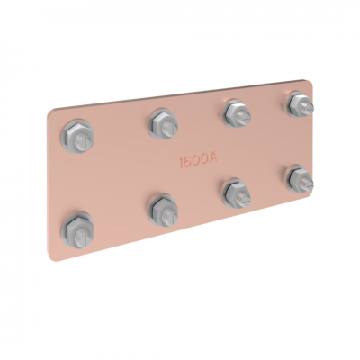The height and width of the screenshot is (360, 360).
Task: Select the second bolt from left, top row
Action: click(x=164, y=124)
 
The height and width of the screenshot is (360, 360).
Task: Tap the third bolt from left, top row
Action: click(x=237, y=113)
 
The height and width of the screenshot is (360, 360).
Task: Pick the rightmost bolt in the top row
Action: click(x=301, y=105)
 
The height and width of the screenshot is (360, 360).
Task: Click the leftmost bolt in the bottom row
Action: click(x=77, y=230)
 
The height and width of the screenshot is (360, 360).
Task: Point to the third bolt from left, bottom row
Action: click(x=237, y=193)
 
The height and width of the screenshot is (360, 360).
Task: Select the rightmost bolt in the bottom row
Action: click(x=301, y=179)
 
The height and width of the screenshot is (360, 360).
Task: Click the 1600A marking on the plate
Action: click(x=198, y=161)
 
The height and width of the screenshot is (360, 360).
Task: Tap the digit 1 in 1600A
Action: click(x=181, y=163)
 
